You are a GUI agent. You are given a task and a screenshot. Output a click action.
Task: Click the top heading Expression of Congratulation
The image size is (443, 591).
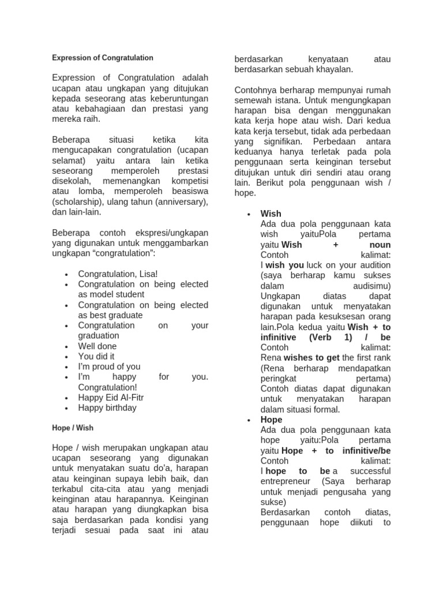tap(103, 58)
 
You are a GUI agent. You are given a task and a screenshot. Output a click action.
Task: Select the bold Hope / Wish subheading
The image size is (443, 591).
tap(72, 428)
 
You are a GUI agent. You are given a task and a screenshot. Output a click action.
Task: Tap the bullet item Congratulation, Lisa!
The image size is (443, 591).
tap(118, 274)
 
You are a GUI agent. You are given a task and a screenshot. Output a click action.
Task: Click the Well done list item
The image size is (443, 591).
tap(97, 346)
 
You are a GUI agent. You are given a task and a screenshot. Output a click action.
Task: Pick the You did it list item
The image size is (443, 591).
tap(96, 357)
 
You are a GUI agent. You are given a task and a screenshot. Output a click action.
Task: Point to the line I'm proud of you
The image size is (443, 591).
tap(109, 366)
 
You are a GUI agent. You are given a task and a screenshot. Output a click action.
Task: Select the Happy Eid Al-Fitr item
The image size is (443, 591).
tap(111, 398)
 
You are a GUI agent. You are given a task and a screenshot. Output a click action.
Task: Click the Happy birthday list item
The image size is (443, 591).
tap(107, 408)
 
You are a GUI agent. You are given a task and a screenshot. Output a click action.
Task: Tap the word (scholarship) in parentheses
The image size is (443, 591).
tap(78, 202)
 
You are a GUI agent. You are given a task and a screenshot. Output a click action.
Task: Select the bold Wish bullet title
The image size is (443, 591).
tap(271, 214)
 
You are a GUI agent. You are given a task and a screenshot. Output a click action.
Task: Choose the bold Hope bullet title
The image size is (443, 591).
tap(272, 420)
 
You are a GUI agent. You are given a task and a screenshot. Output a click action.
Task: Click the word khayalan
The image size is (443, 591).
tap(333, 69)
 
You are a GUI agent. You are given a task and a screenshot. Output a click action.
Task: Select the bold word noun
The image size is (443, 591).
tap(378, 245)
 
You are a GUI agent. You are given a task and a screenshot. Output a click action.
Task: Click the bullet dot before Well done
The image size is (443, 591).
tap(67, 347)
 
